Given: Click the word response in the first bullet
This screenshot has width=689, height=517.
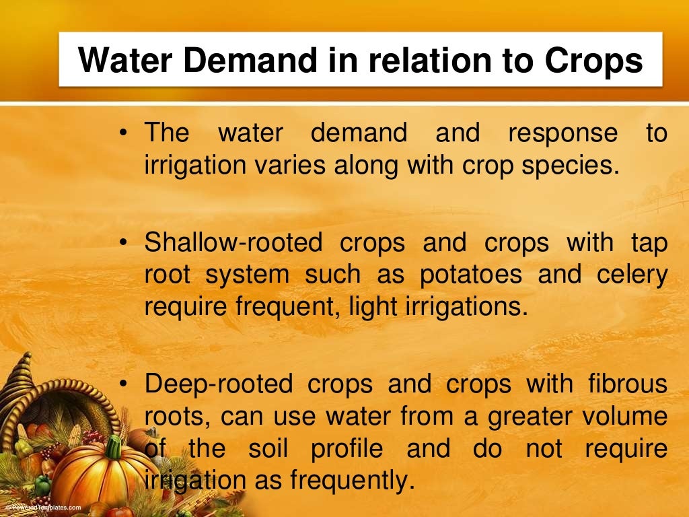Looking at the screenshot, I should pos(563,133).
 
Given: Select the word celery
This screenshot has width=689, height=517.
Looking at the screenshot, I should pos(631,275).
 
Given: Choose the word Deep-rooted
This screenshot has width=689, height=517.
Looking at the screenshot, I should pos(219,384).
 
